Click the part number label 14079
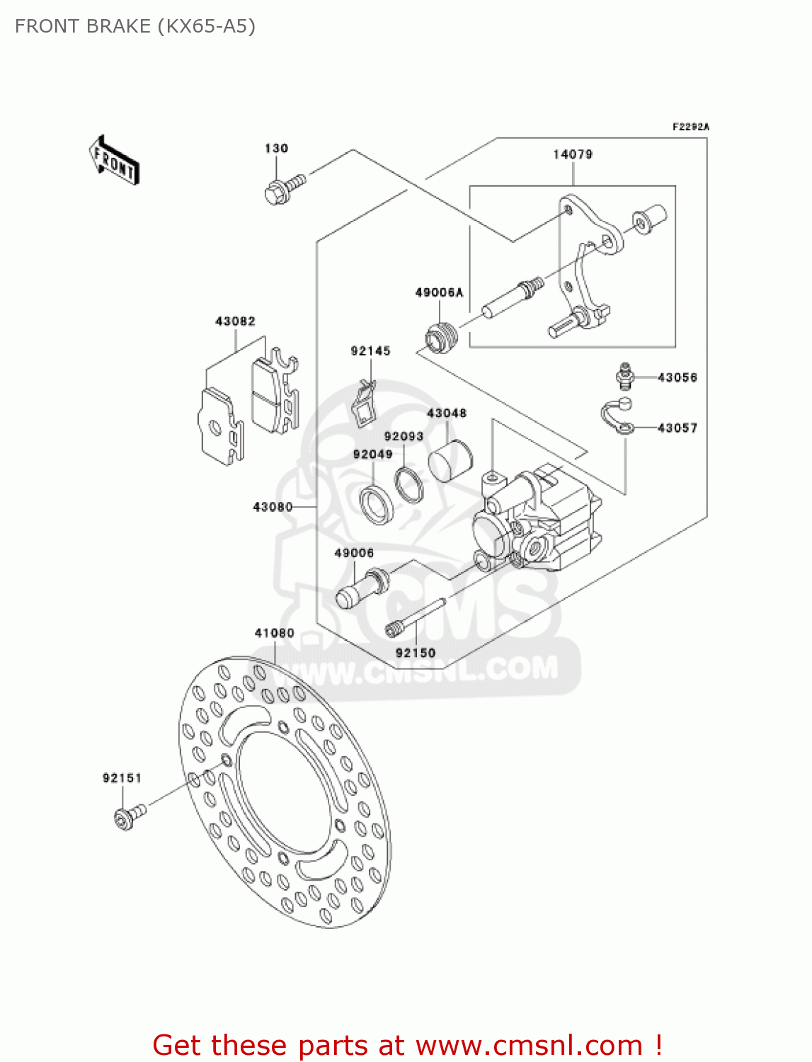573,154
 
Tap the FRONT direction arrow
114,161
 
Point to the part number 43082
235,321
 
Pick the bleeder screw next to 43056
624,376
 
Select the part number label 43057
677,428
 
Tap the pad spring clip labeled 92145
365,404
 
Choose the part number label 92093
404,437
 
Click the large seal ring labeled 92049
377,503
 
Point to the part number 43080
273,507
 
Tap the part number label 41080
274,633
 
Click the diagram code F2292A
690,127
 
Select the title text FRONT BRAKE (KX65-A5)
135,26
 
